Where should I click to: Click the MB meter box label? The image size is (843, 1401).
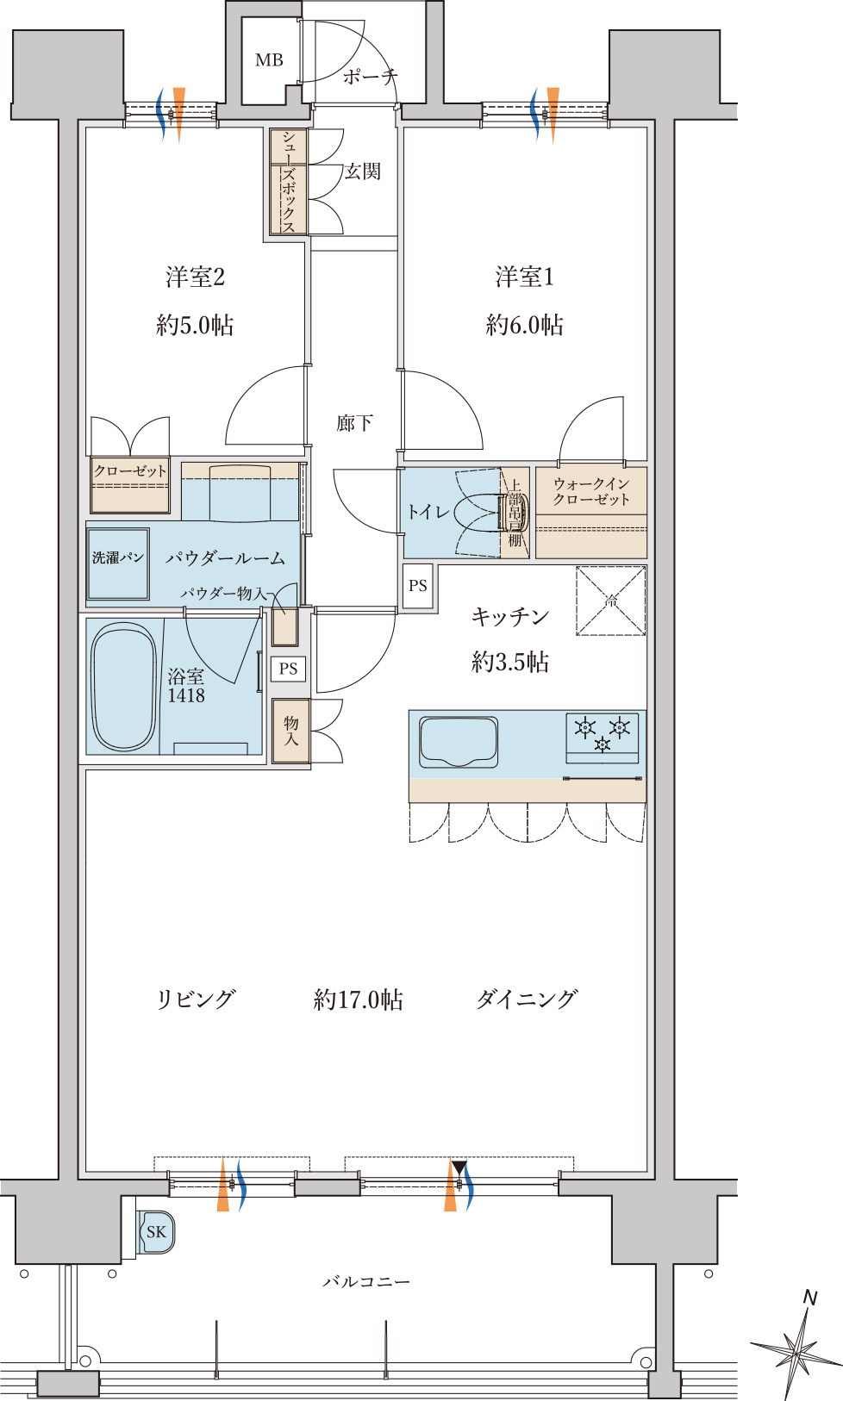pyautogui.click(x=269, y=60)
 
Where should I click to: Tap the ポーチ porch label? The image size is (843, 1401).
pyautogui.click(x=371, y=77)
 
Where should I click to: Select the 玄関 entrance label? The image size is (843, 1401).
pyautogui.click(x=362, y=171)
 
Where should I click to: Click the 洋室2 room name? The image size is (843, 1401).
pyautogui.click(x=196, y=277)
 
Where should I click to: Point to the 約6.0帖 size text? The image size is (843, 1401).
pyautogui.click(x=524, y=325)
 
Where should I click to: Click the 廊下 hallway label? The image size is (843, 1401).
pyautogui.click(x=354, y=423)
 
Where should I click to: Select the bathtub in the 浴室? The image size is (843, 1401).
pyautogui.click(x=123, y=686)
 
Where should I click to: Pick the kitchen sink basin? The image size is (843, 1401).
pyautogui.click(x=459, y=742)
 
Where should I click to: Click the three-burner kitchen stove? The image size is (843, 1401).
pyautogui.click(x=603, y=738)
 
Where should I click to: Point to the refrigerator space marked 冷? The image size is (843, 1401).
pyautogui.click(x=611, y=601)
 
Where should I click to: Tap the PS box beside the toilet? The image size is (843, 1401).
pyautogui.click(x=418, y=586)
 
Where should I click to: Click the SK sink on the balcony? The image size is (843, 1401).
pyautogui.click(x=156, y=1231)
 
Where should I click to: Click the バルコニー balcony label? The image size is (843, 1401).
pyautogui.click(x=366, y=1282)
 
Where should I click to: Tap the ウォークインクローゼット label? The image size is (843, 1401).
pyautogui.click(x=591, y=492)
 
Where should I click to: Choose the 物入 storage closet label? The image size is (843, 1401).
pyautogui.click(x=291, y=731)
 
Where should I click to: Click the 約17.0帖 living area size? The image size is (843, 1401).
pyautogui.click(x=358, y=999)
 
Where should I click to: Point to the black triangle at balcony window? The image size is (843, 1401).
pyautogui.click(x=460, y=1167)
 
